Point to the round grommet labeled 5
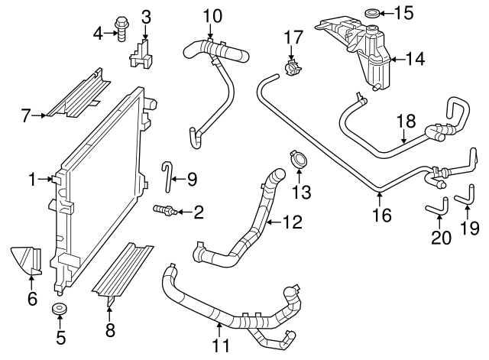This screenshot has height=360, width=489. click(x=60, y=310)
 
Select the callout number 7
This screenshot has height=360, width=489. click(x=25, y=116)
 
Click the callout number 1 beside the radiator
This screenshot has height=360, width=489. click(x=32, y=180)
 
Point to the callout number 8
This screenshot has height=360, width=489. click(x=110, y=330)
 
